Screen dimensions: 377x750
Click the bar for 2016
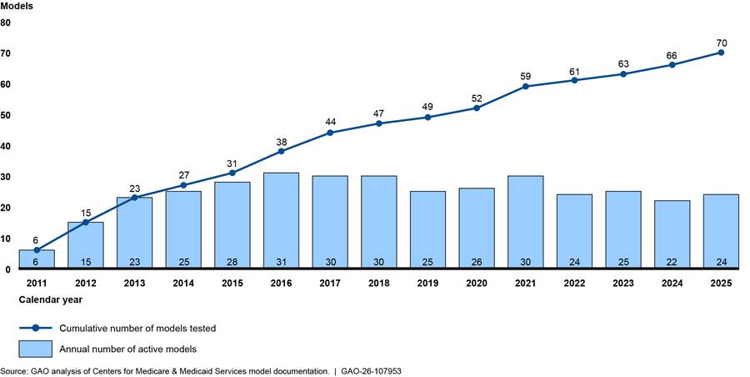pos(281,220)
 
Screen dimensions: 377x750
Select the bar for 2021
pos(526,222)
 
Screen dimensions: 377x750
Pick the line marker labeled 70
pos(721,53)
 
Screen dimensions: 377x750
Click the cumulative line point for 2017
pos(330,133)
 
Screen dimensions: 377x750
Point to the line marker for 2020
pos(477,108)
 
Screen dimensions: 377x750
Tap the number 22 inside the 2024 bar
pos(672,261)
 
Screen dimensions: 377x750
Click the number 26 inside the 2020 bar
pos(477,261)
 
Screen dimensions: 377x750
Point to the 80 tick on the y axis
pos(6,23)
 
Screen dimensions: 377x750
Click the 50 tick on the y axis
pos(6,115)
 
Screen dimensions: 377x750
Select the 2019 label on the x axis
pos(427,284)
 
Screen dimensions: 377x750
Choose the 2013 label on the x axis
pos(134,284)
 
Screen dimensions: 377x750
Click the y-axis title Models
pos(17,7)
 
